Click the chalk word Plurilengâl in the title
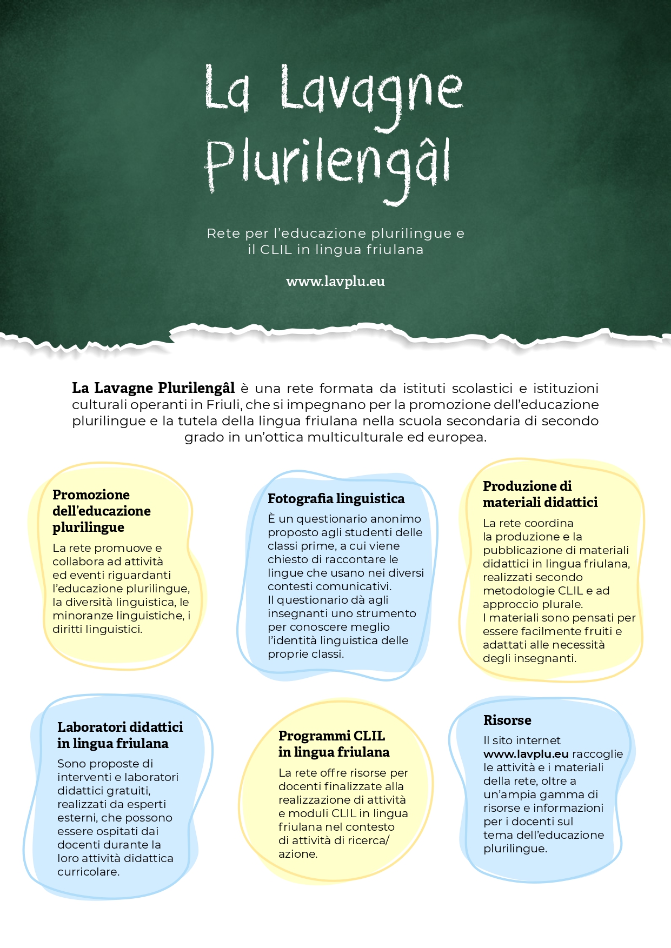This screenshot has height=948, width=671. pyautogui.click(x=327, y=165)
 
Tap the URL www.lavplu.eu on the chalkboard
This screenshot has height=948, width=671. pyautogui.click(x=335, y=282)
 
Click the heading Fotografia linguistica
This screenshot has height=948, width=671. pyautogui.click(x=336, y=498)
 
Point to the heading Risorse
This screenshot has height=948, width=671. pyautogui.click(x=507, y=720)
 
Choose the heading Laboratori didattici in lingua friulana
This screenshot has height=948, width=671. pyautogui.click(x=120, y=735)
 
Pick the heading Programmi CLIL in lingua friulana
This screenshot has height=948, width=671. pyautogui.click(x=334, y=744)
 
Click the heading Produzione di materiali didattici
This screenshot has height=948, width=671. pyautogui.click(x=540, y=494)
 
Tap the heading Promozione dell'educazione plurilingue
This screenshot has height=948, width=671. pyautogui.click(x=101, y=511)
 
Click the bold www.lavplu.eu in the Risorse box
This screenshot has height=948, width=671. pyautogui.click(x=526, y=754)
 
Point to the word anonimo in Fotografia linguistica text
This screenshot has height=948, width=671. pyautogui.click(x=395, y=519)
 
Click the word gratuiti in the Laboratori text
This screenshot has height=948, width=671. pyautogui.click(x=128, y=791)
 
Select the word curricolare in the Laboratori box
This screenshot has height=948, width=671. pyautogui.click(x=88, y=872)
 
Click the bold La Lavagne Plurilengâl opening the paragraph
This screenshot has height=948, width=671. pyautogui.click(x=154, y=388)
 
